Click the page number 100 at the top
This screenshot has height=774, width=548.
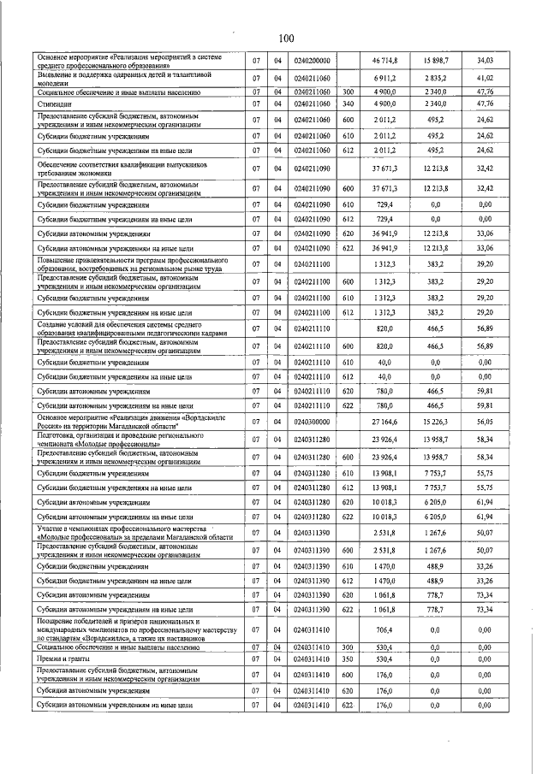(x=286, y=38)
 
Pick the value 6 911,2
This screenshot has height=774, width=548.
(x=387, y=78)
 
